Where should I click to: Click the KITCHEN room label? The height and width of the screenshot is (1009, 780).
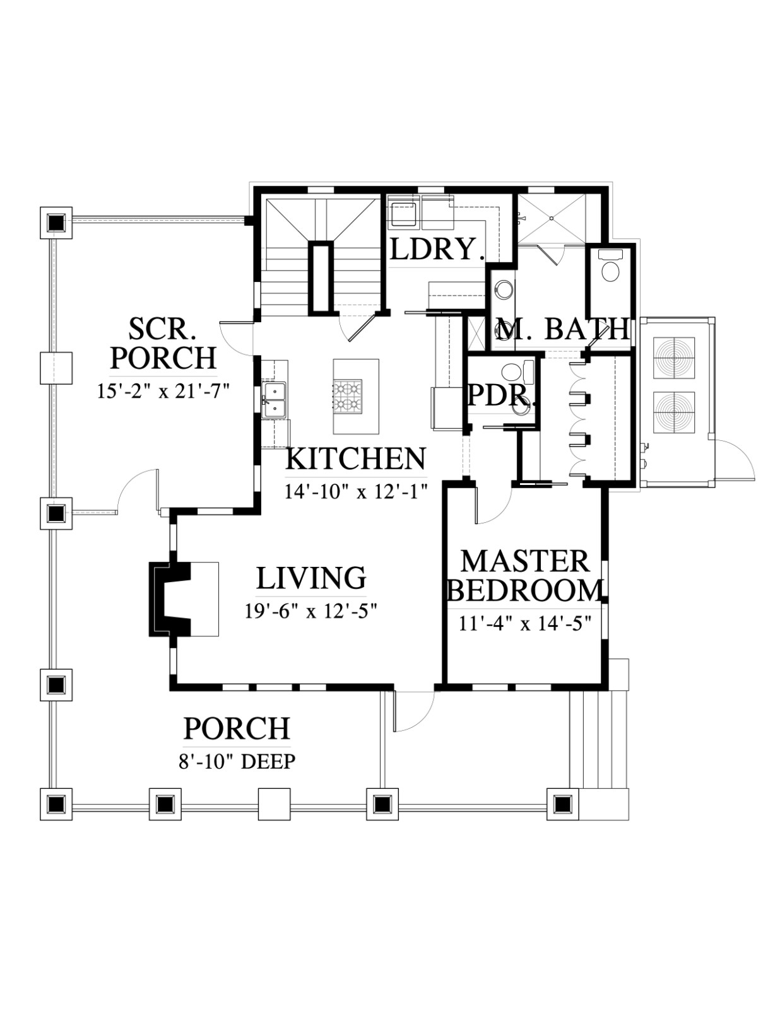(355, 459)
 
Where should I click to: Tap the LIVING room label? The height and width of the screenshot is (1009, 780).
(311, 578)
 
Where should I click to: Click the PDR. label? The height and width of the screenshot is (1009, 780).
(502, 395)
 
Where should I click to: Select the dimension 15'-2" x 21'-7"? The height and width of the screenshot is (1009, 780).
(163, 391)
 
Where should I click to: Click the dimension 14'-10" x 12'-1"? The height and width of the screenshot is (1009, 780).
(356, 491)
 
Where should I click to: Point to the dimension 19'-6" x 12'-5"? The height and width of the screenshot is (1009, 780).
(310, 611)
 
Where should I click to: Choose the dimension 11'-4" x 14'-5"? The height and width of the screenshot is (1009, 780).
(524, 624)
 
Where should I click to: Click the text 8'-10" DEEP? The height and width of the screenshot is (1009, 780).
(237, 762)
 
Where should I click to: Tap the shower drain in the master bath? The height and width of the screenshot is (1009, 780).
(552, 218)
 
